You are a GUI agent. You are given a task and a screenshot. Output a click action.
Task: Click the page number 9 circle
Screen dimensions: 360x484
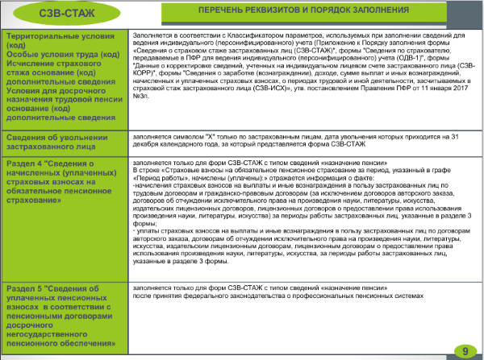click(x=465, y=350)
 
